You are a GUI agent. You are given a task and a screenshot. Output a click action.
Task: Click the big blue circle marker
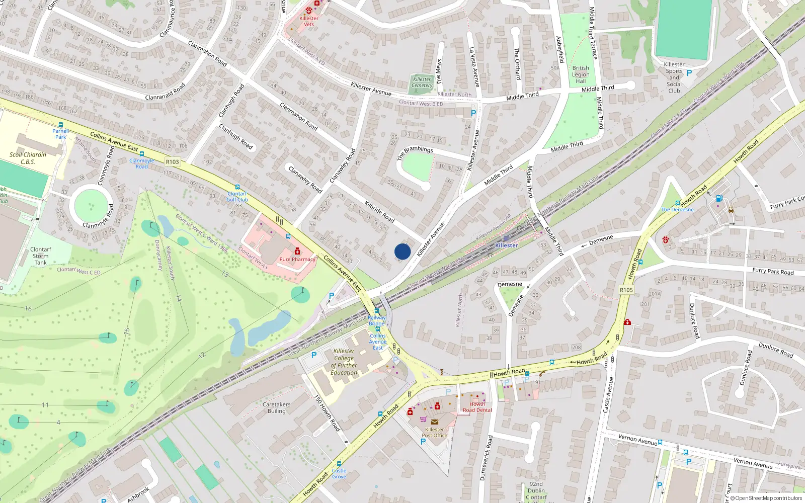[x=403, y=251]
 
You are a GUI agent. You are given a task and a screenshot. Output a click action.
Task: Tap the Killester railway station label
[x=506, y=245]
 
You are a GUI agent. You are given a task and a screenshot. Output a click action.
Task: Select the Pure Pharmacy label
[x=297, y=260]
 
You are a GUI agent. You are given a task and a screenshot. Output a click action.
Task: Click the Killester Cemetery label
[x=422, y=82]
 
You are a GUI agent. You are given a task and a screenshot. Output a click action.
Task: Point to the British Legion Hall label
[x=581, y=74]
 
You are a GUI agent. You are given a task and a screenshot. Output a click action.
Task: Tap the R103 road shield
[x=172, y=162]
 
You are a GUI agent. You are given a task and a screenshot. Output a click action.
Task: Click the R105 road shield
[x=626, y=290]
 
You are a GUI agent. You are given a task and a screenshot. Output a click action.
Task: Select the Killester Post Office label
[x=434, y=433]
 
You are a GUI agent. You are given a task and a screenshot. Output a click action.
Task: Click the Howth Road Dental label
[x=477, y=407]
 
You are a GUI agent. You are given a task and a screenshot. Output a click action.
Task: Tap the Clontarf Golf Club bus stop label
[x=237, y=197]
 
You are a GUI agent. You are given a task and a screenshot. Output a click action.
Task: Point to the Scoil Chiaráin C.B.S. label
[x=28, y=158]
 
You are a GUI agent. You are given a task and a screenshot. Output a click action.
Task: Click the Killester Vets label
[x=308, y=21]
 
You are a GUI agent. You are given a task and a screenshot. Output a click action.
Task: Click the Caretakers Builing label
[x=276, y=407]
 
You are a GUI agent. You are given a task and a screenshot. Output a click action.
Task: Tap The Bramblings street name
[x=415, y=152]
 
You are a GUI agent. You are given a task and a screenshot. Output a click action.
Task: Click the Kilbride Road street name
[x=379, y=212]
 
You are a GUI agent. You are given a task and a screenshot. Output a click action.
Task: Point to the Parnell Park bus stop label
[x=60, y=134]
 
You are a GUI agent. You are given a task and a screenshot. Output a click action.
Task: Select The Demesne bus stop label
[x=677, y=210]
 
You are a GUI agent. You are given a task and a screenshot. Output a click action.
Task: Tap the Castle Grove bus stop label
[x=339, y=473]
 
